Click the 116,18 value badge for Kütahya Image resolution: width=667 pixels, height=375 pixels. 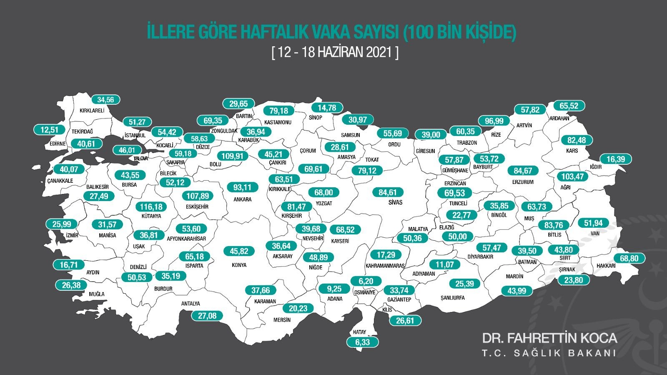click(151, 207)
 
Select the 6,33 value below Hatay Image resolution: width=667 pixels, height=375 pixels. click(363, 342)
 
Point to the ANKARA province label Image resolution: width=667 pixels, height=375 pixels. click(242, 199)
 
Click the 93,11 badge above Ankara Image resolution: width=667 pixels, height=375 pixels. click(242, 187)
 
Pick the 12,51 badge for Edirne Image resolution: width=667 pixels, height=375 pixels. click(50, 130)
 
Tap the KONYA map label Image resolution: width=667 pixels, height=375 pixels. click(239, 265)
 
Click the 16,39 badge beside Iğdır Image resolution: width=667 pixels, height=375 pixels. click(616, 159)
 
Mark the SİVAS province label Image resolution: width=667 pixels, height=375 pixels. click(395, 202)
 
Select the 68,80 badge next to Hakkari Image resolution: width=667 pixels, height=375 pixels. click(629, 258)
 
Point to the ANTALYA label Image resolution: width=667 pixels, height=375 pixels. click(191, 304)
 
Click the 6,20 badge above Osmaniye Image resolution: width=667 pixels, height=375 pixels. click(366, 281)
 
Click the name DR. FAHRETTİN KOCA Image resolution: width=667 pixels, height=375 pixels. click(549, 338)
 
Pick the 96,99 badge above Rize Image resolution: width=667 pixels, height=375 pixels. click(494, 121)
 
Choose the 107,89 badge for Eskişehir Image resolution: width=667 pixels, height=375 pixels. click(198, 196)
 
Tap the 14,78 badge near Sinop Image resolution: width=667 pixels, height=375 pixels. click(327, 108)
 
